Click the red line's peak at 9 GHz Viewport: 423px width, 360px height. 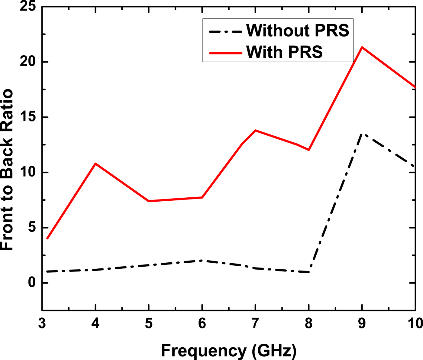(362, 47)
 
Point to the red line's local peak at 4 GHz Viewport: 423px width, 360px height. (95, 164)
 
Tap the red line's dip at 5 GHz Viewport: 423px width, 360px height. (149, 201)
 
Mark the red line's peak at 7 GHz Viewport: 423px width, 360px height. (256, 130)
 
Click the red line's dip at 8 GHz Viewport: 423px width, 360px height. (309, 150)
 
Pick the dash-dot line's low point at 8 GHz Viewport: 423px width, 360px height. (309, 272)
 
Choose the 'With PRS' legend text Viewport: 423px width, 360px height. (284, 52)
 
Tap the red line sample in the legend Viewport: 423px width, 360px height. (225, 53)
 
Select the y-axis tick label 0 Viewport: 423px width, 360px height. (32, 283)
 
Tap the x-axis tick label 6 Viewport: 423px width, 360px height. (202, 324)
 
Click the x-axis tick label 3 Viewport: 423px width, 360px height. (42, 324)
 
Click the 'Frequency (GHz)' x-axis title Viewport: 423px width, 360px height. (228, 351)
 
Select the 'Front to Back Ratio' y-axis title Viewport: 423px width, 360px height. (7, 170)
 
